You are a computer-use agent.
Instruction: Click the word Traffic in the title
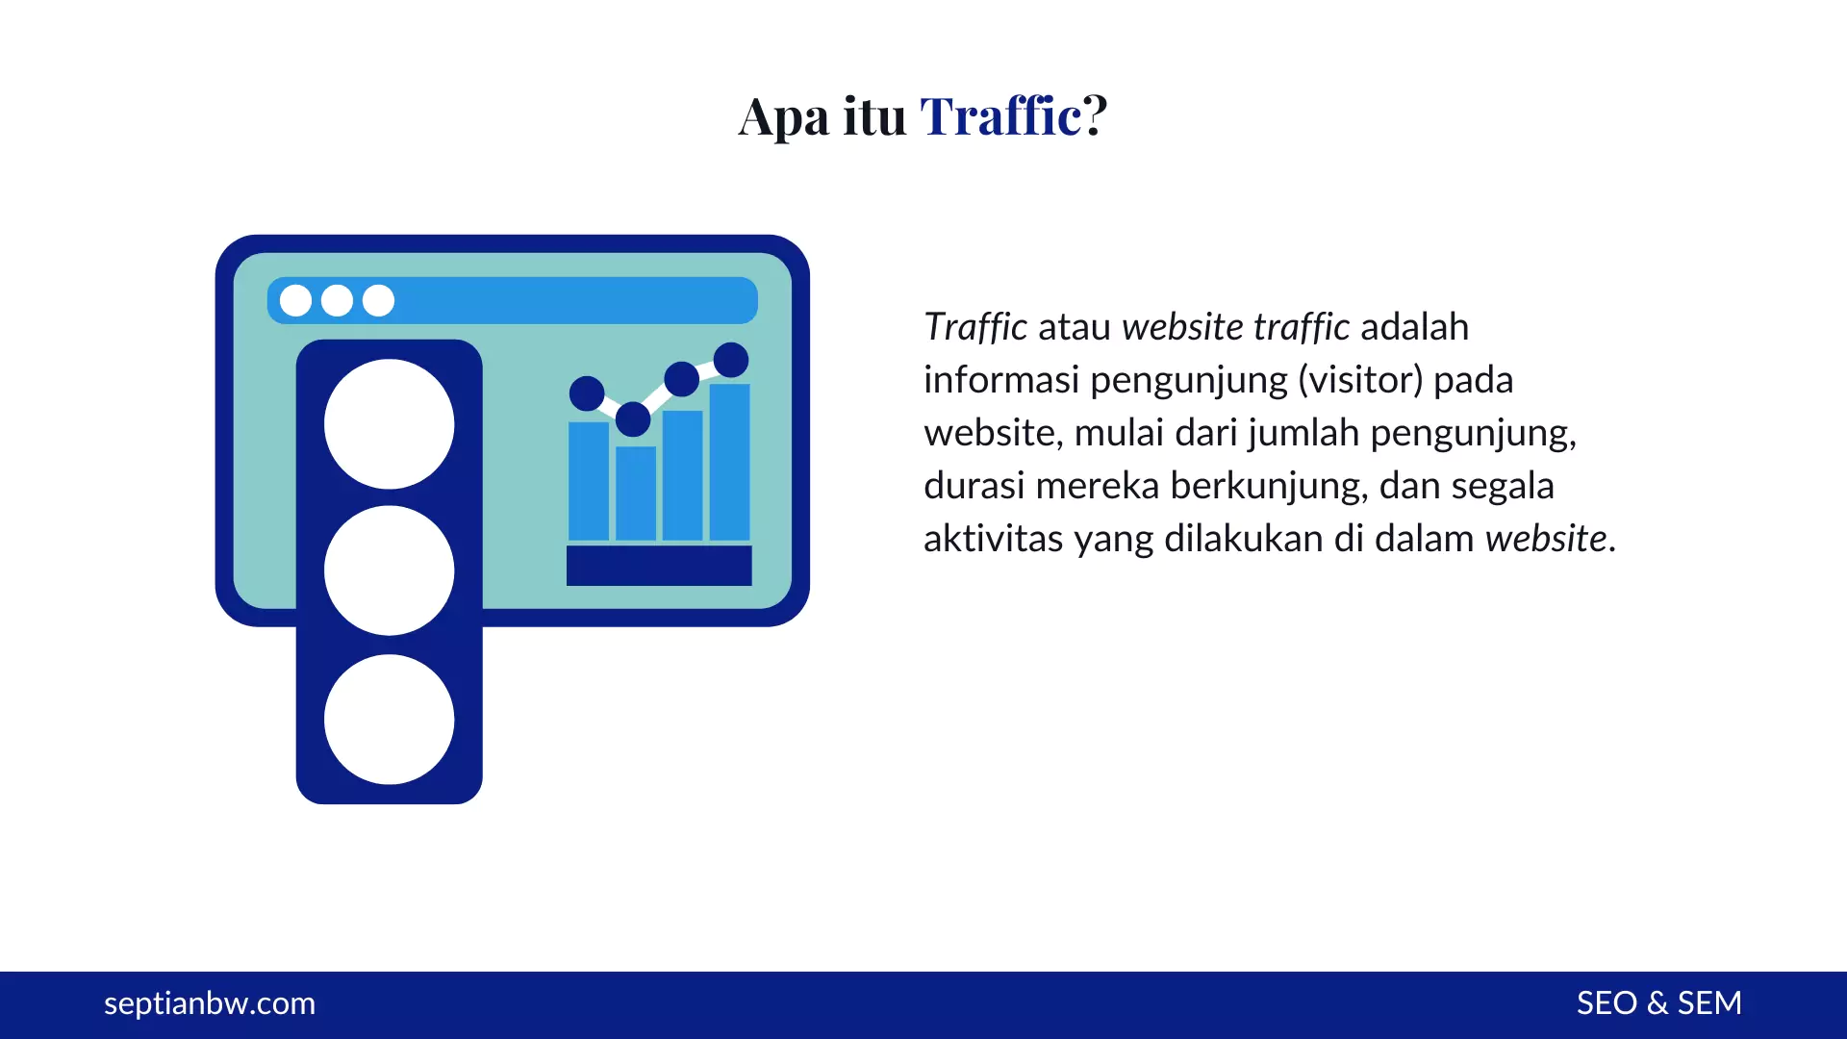pyautogui.click(x=1000, y=116)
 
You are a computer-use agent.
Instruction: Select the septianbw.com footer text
pyautogui.click(x=209, y=1003)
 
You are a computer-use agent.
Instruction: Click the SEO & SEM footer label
pyautogui.click(x=1658, y=1003)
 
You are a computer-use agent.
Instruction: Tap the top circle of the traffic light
pyautogui.click(x=389, y=424)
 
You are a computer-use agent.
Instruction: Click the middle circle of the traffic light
pyautogui.click(x=389, y=570)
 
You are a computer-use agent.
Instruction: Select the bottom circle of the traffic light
pyautogui.click(x=389, y=720)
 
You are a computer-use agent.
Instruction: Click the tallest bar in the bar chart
pyautogui.click(x=729, y=462)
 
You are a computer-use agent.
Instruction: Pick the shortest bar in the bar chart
pyautogui.click(x=636, y=493)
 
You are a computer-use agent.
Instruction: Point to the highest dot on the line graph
pyautogui.click(x=731, y=360)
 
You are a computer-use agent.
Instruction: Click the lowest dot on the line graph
pyautogui.click(x=633, y=419)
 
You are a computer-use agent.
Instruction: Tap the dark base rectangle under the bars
pyautogui.click(x=659, y=566)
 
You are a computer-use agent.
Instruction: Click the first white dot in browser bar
pyautogui.click(x=295, y=300)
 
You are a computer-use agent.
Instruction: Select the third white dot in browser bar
pyautogui.click(x=378, y=300)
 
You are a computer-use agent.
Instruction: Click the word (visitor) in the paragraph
pyautogui.click(x=1360, y=380)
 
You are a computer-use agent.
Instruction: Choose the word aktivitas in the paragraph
pyautogui.click(x=993, y=539)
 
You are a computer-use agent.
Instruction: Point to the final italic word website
pyautogui.click(x=1546, y=539)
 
